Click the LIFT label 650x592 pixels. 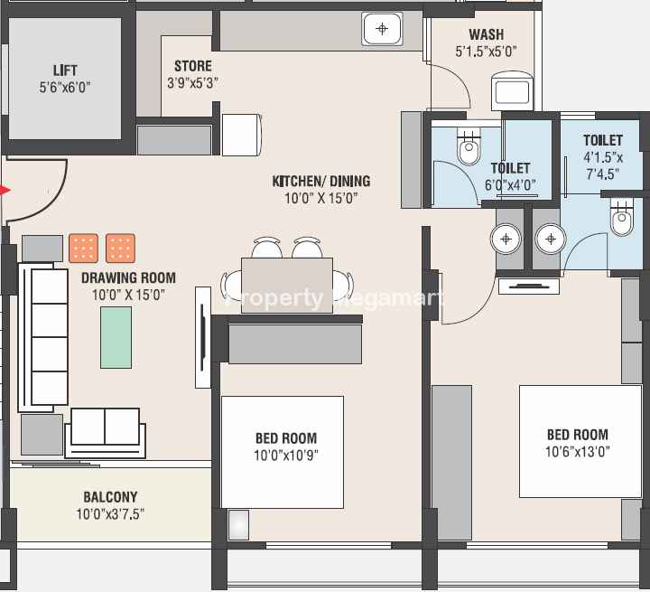coord(65,70)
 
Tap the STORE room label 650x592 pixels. coord(193,66)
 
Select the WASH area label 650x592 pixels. coord(487,34)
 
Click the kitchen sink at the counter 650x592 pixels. coord(382,29)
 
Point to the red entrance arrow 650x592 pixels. coord(5,191)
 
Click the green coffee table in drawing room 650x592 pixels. coord(116,337)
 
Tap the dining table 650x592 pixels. coord(287,286)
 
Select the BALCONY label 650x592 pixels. coord(110,497)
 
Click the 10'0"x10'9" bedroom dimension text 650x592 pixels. coord(286,456)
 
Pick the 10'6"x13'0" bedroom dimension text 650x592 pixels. coord(578,452)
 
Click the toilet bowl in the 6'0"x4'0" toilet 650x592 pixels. coord(469,146)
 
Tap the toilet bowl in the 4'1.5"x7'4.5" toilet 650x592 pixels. coord(622,217)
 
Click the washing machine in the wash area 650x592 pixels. coord(512,91)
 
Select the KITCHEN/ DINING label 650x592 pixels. coord(321,181)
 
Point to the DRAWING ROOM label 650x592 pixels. coord(128,277)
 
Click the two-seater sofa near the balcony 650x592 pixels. coord(106,433)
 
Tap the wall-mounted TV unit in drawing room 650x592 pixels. coord(203,337)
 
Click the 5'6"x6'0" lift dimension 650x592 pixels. coord(65,88)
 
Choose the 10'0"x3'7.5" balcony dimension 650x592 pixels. coord(110,514)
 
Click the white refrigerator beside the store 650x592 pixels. coord(242,135)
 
